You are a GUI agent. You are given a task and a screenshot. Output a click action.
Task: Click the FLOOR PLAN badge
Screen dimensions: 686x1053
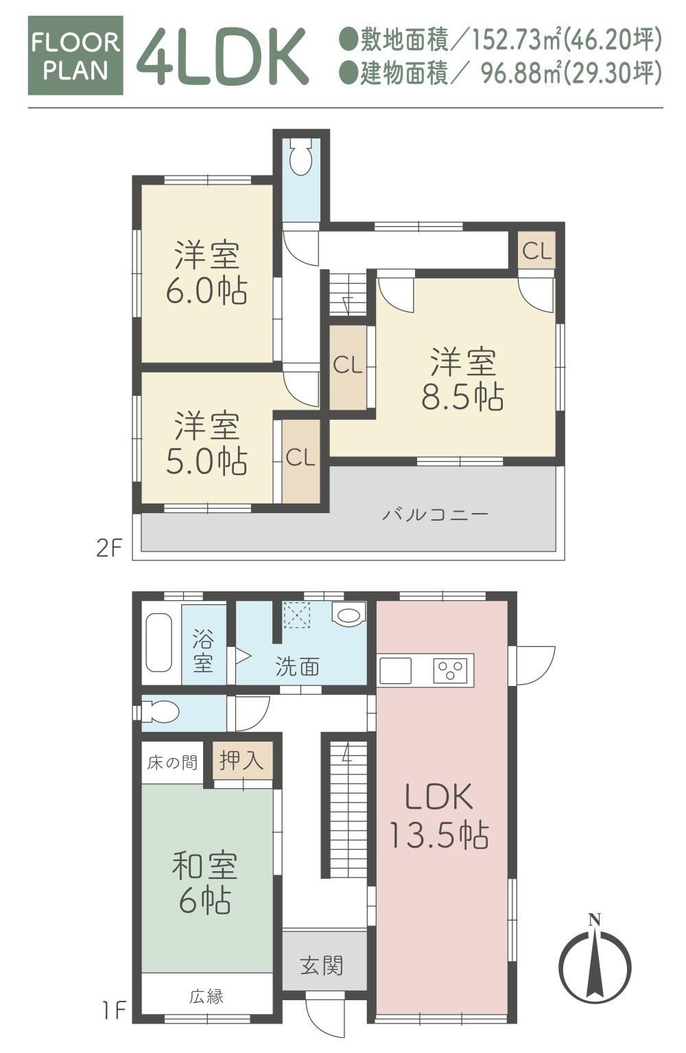point(75,56)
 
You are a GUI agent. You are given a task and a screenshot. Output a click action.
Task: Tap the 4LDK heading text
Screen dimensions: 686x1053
point(222,56)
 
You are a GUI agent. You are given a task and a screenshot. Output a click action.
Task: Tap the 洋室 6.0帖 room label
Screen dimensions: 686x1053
point(207,273)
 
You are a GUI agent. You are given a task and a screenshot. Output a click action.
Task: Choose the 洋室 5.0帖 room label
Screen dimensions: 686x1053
point(207,444)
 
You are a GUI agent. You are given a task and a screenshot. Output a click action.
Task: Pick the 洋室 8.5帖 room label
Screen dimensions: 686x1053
point(462,379)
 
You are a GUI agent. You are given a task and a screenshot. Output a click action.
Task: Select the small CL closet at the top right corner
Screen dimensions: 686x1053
point(536,251)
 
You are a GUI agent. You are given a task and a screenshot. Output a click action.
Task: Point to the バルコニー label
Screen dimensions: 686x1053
point(436,514)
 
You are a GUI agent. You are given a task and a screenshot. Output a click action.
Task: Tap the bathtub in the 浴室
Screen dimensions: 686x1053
point(158,643)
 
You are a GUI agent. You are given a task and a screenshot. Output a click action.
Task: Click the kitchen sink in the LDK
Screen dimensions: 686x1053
point(396,671)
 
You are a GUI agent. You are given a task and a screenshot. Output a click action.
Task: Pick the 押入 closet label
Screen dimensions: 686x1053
point(241,759)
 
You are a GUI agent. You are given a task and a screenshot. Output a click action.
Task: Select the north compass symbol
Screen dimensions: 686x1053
point(595,963)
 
